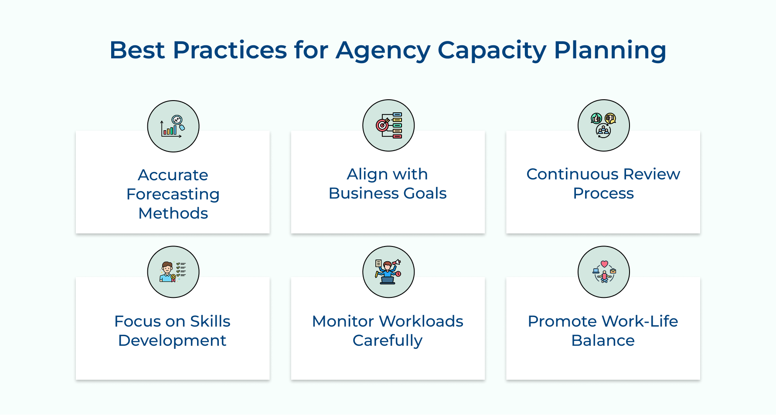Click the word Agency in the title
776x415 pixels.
[383, 51]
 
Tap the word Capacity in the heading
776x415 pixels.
[491, 51]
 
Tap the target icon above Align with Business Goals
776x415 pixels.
[388, 125]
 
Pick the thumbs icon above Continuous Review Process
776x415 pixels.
[603, 125]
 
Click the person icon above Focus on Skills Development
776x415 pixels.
[173, 272]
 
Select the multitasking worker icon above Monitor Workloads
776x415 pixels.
[388, 272]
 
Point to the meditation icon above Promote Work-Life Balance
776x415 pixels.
[603, 272]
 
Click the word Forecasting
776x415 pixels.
[173, 194]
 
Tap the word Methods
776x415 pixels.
[173, 213]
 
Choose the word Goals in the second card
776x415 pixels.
[425, 193]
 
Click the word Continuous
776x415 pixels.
[572, 174]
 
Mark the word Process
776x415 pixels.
[603, 193]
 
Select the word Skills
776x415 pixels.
[210, 321]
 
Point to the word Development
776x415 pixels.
[172, 341]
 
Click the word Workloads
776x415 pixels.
[421, 321]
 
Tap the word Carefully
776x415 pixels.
[388, 341]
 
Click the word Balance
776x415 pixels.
[603, 341]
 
